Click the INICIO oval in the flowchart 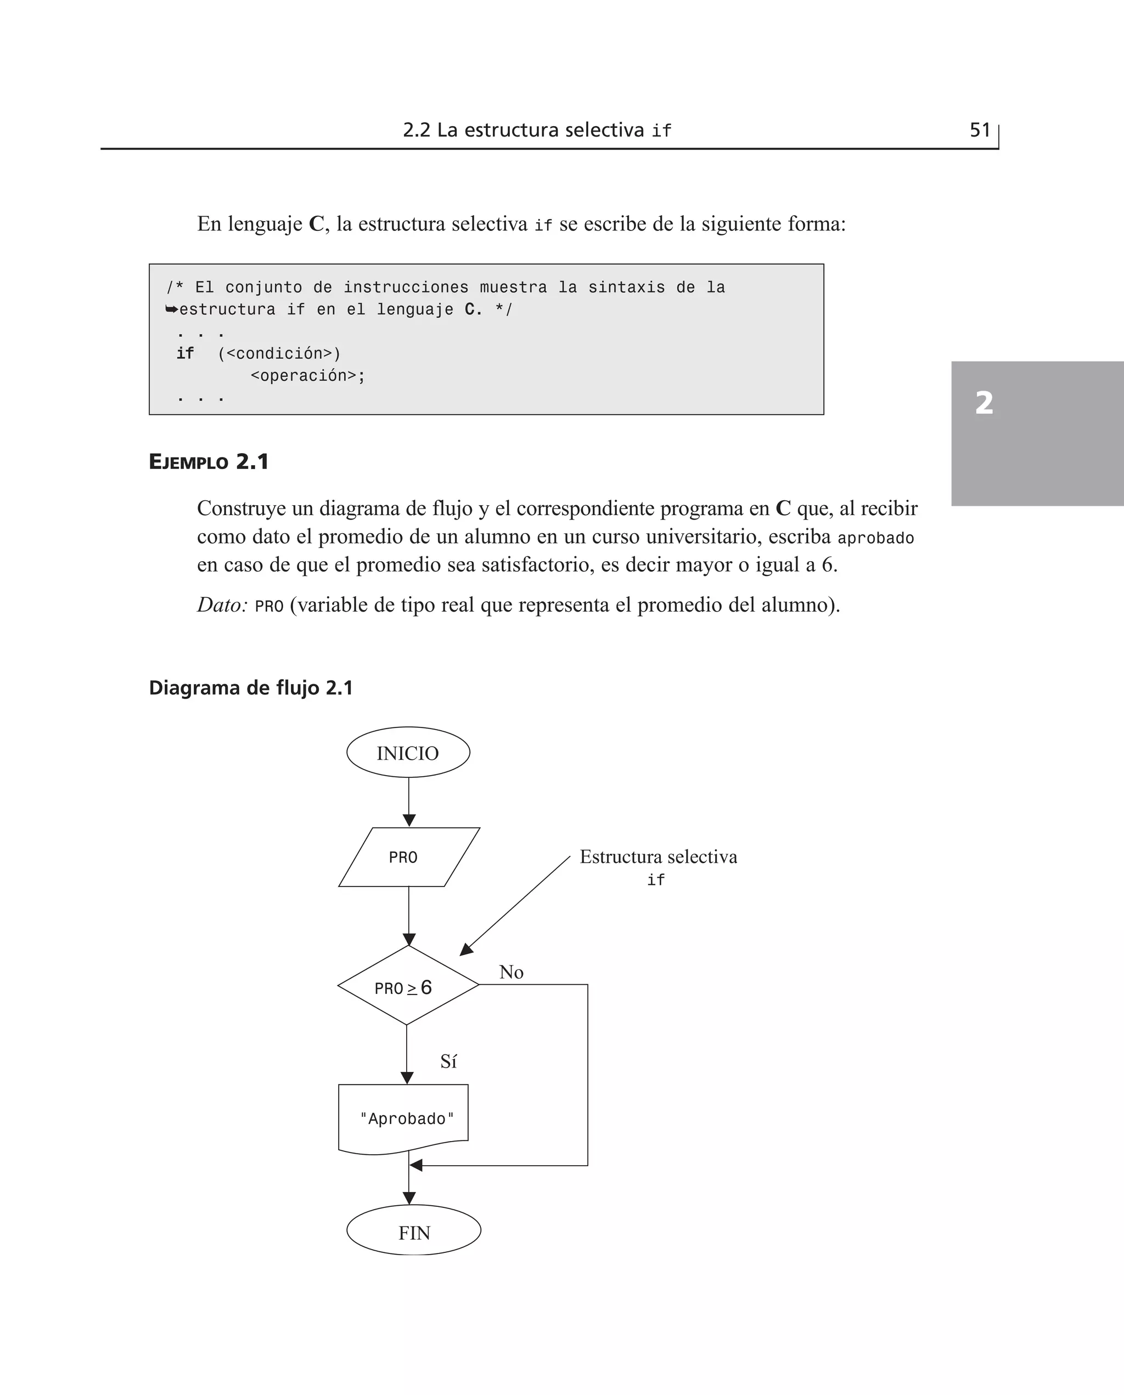click(x=408, y=753)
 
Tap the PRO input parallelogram click(x=408, y=857)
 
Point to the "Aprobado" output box click(x=403, y=1119)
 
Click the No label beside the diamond click(x=511, y=973)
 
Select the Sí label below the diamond click(x=448, y=1062)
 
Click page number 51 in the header click(x=980, y=130)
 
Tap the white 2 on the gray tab click(x=983, y=403)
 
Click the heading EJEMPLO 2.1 click(x=209, y=462)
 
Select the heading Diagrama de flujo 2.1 click(x=251, y=688)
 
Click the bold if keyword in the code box click(x=185, y=353)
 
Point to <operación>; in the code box click(x=307, y=376)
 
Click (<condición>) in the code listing click(x=279, y=353)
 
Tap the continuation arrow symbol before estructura click(x=172, y=309)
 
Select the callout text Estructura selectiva click(x=658, y=857)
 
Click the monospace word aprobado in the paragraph click(x=875, y=538)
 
